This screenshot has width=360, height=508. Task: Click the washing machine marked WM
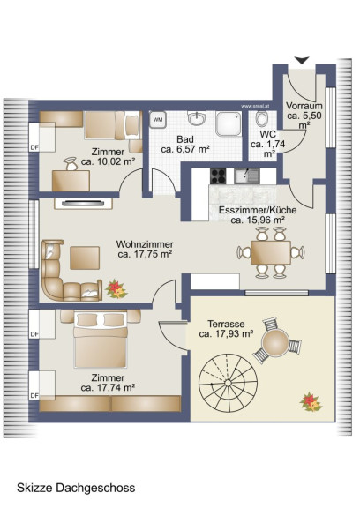(x=158, y=120)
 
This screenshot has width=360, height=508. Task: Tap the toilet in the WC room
(x=261, y=118)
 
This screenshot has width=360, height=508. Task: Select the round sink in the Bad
(x=197, y=117)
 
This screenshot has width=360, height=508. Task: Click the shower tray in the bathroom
(x=229, y=124)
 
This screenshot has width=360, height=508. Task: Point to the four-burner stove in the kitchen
(x=218, y=176)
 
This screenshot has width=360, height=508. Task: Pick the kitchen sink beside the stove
(x=246, y=176)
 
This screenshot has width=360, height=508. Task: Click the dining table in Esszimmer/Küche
(x=271, y=252)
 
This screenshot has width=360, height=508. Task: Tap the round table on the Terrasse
(x=275, y=342)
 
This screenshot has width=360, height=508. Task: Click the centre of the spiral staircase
(x=229, y=384)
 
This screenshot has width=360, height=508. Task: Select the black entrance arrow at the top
(x=302, y=61)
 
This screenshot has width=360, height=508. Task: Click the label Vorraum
(x=304, y=106)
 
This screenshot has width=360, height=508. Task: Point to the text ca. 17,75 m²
(x=145, y=254)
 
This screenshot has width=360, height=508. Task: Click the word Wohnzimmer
(x=145, y=244)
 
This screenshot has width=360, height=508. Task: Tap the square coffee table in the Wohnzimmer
(x=85, y=258)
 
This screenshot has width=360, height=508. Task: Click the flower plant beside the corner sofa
(x=116, y=288)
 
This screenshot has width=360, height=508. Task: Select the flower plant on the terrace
(x=311, y=402)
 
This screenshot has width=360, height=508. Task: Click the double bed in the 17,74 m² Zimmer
(x=100, y=340)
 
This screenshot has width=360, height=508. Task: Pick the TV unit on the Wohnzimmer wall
(x=83, y=203)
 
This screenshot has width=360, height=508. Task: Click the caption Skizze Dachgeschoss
(x=76, y=488)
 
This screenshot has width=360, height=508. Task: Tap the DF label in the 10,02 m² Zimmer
(x=34, y=147)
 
